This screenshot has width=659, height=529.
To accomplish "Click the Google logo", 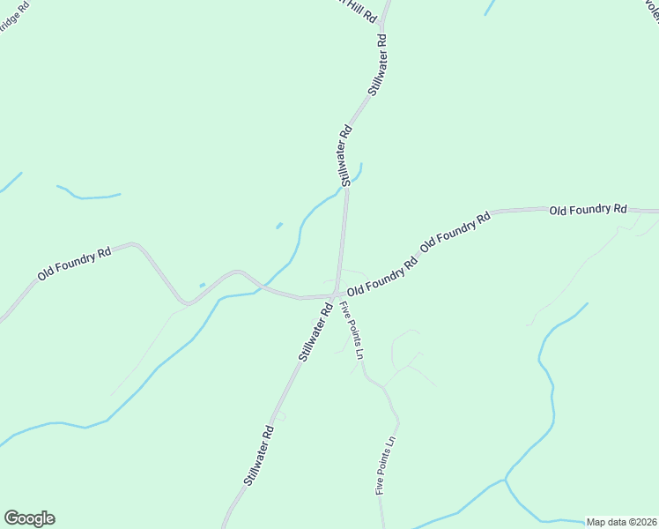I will tap(29, 518).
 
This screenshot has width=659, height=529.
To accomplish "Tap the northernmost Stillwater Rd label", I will tap(378, 65).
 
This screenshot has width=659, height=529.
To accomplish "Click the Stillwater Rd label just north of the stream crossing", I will tap(344, 154).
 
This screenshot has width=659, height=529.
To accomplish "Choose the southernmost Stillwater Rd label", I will tap(257, 454).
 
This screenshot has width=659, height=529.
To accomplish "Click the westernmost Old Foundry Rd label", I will tap(74, 264).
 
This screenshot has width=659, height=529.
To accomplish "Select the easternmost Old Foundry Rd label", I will tap(588, 210).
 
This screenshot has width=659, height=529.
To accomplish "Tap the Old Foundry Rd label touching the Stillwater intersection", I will tap(381, 278).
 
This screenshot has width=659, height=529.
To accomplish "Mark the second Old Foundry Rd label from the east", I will tap(455, 232).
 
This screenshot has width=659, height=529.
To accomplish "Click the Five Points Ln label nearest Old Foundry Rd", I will tap(352, 330).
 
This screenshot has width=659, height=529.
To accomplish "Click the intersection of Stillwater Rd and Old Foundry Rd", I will tap(337, 294).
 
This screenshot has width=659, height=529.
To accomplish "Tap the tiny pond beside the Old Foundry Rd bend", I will tap(203, 285).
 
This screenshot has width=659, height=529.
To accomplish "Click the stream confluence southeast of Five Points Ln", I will tap(505, 481).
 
